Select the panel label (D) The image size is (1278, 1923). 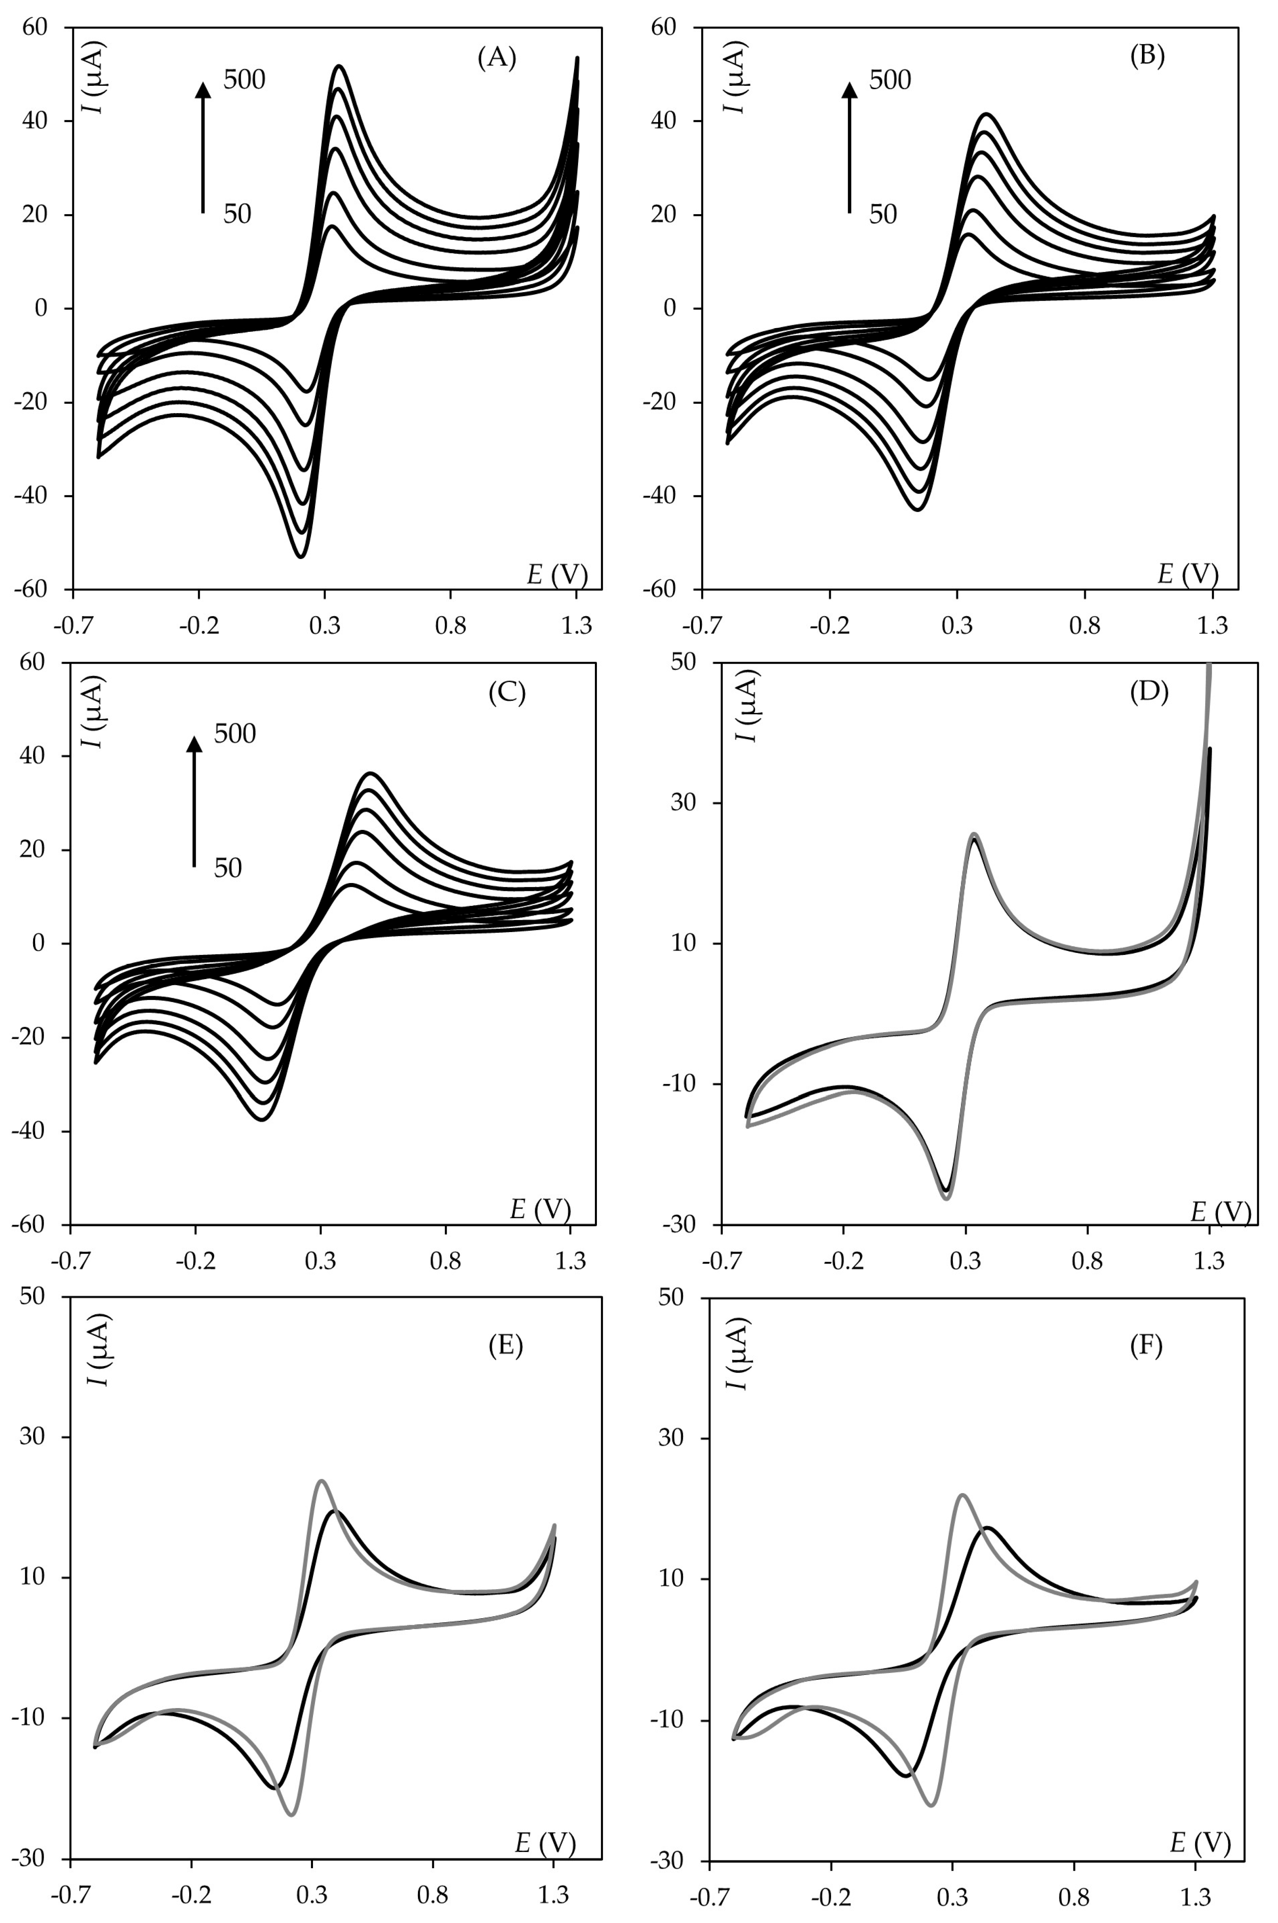tap(1149, 692)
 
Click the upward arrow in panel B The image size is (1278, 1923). tap(849, 147)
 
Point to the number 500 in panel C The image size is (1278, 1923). tap(235, 733)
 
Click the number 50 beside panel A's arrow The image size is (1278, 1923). tap(237, 215)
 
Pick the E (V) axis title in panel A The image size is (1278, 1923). tap(557, 575)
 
